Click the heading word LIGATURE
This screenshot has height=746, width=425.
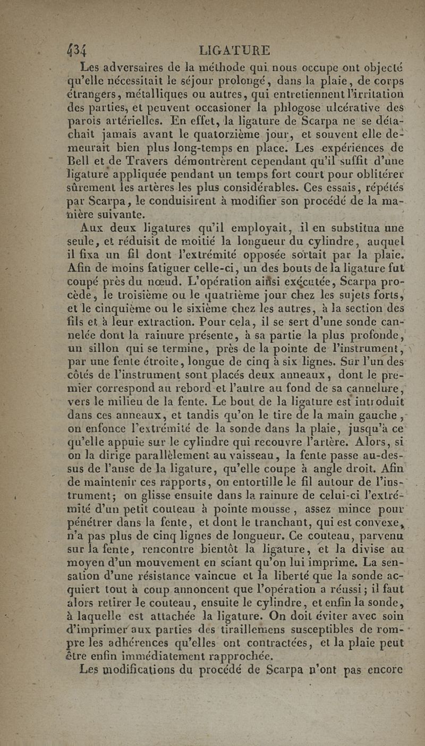click(x=234, y=52)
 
